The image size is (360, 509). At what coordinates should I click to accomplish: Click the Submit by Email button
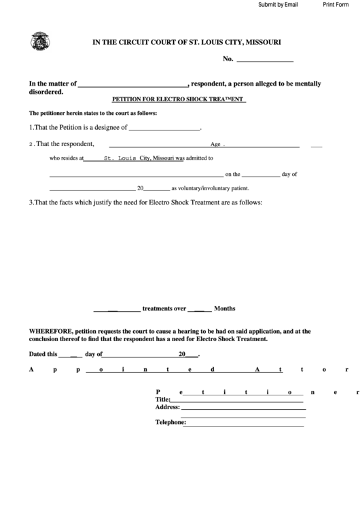(278, 4)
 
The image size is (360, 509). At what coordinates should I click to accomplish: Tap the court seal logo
(40, 42)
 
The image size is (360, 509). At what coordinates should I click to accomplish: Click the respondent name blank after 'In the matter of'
(134, 84)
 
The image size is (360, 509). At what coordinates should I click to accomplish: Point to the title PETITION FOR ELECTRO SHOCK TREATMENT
(178, 100)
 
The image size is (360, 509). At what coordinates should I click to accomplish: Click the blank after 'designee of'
(164, 128)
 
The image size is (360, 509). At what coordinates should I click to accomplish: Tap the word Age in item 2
(216, 144)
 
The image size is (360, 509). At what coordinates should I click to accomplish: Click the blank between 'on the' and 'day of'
(261, 174)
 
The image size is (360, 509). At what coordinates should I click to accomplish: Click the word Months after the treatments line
(225, 308)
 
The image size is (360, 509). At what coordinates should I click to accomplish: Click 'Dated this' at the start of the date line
(43, 354)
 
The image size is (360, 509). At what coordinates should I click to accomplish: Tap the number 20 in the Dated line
(182, 354)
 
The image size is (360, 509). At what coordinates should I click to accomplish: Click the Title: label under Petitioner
(162, 400)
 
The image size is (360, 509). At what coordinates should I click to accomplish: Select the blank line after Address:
(243, 408)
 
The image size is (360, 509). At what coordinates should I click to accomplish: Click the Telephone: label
(170, 422)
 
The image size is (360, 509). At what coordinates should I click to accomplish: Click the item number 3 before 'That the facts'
(31, 202)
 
